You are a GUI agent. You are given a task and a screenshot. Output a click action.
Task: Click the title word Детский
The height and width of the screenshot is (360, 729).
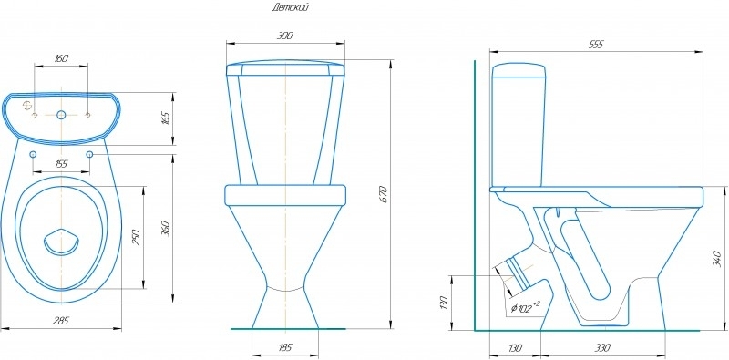tap(290, 8)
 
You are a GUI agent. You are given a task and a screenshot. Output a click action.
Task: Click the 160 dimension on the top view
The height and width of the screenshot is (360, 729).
tap(61, 58)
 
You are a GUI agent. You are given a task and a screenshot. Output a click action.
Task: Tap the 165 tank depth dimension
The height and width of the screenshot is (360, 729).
tap(167, 118)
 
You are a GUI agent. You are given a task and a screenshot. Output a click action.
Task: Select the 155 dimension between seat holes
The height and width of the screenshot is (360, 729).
tap(61, 164)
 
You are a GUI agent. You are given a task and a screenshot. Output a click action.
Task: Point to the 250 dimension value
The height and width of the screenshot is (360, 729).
tap(136, 237)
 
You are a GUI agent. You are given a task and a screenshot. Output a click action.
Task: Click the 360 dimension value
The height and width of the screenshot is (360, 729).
tap(166, 229)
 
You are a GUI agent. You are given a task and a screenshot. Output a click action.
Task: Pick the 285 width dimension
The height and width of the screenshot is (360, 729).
tap(61, 321)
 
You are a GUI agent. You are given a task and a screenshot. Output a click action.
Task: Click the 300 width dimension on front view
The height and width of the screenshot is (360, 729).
tap(285, 36)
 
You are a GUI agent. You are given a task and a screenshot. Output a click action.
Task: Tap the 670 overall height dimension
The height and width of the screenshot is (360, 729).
tap(384, 194)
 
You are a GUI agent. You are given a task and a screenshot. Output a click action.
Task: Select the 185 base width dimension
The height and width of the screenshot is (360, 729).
tap(285, 347)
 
